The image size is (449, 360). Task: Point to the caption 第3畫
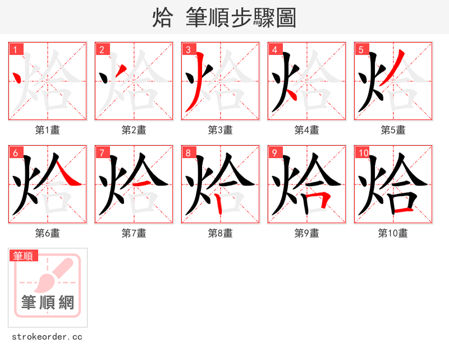click(221, 130)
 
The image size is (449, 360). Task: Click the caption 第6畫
click(48, 233)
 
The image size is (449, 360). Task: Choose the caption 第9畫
click(307, 233)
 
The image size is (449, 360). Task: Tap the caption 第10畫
click(393, 233)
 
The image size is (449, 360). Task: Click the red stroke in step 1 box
click(17, 78)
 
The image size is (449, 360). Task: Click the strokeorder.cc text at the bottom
click(47, 337)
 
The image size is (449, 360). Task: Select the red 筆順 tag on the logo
click(24, 256)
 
